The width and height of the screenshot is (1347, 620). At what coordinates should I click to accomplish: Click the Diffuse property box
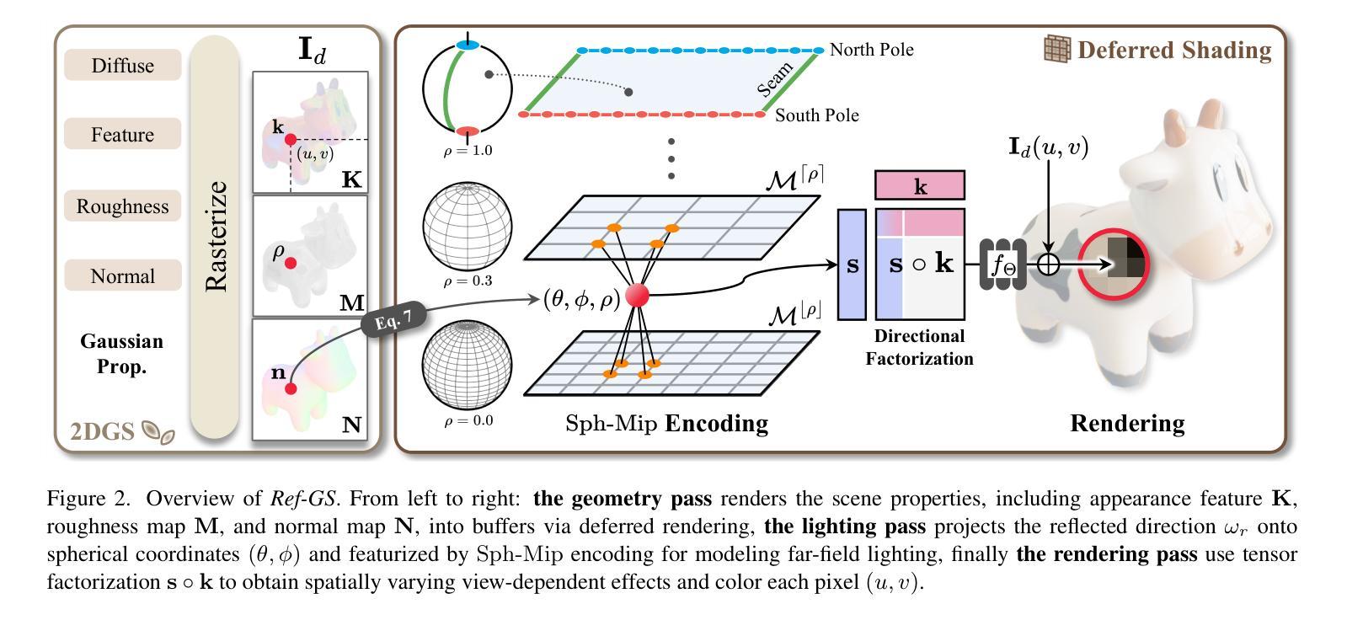(123, 65)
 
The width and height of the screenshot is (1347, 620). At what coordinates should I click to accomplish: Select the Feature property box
(123, 133)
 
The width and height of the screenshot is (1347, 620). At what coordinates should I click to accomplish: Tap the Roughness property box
(123, 206)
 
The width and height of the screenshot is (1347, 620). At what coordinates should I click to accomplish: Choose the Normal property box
(123, 275)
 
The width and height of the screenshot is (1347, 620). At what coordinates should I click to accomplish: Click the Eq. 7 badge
(394, 319)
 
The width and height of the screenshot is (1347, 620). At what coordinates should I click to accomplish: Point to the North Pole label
(871, 50)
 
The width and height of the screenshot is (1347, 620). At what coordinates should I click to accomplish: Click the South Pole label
(816, 115)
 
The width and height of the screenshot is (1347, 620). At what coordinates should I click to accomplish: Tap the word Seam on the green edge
(775, 80)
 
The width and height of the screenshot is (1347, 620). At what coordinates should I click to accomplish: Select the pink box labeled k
(919, 185)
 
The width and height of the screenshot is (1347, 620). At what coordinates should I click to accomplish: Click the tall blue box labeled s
(853, 265)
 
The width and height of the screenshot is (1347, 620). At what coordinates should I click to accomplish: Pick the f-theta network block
(1002, 265)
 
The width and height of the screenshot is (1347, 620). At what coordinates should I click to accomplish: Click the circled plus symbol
(1048, 264)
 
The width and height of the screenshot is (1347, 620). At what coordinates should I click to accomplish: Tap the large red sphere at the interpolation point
(638, 296)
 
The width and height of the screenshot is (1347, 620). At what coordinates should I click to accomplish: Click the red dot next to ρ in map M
(291, 264)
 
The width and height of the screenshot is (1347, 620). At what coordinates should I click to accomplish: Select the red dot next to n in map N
(291, 389)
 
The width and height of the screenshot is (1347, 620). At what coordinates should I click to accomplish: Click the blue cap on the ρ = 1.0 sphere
(468, 45)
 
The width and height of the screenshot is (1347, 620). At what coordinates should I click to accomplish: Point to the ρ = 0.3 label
(468, 281)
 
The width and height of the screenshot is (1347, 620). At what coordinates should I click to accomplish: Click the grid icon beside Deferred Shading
(1057, 49)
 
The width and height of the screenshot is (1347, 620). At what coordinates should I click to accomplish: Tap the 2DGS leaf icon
(158, 432)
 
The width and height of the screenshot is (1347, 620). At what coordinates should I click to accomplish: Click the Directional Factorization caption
(919, 347)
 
